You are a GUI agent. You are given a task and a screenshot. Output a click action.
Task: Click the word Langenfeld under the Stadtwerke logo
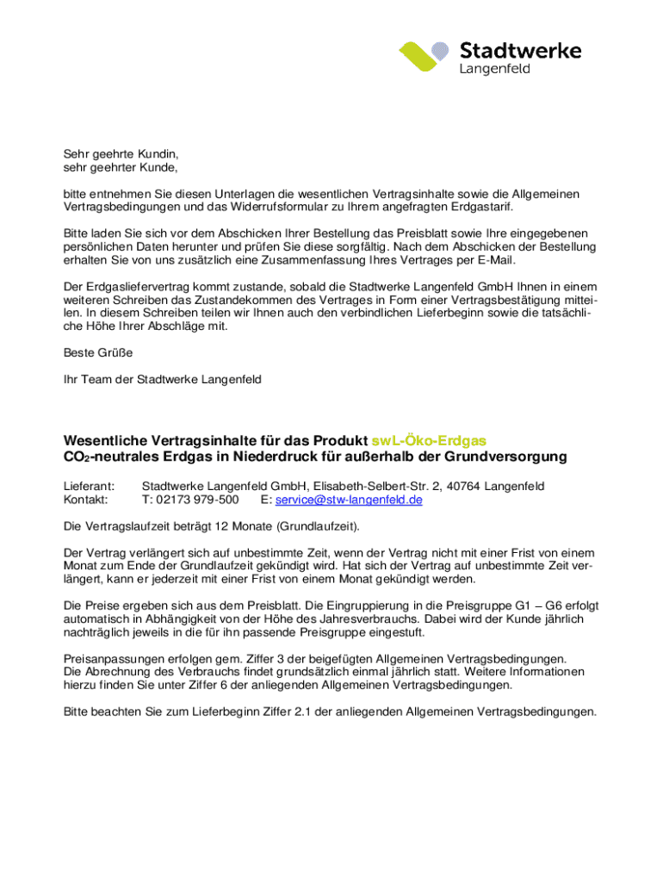tap(495, 68)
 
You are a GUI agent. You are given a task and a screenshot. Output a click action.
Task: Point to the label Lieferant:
tap(90, 487)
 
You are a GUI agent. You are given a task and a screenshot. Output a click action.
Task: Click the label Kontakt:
tap(86, 500)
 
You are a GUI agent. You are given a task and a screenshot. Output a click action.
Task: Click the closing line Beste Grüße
tap(98, 352)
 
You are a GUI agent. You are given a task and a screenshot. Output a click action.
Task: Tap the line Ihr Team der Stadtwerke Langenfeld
tap(162, 379)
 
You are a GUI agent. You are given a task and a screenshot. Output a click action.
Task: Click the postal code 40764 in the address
tap(463, 487)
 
